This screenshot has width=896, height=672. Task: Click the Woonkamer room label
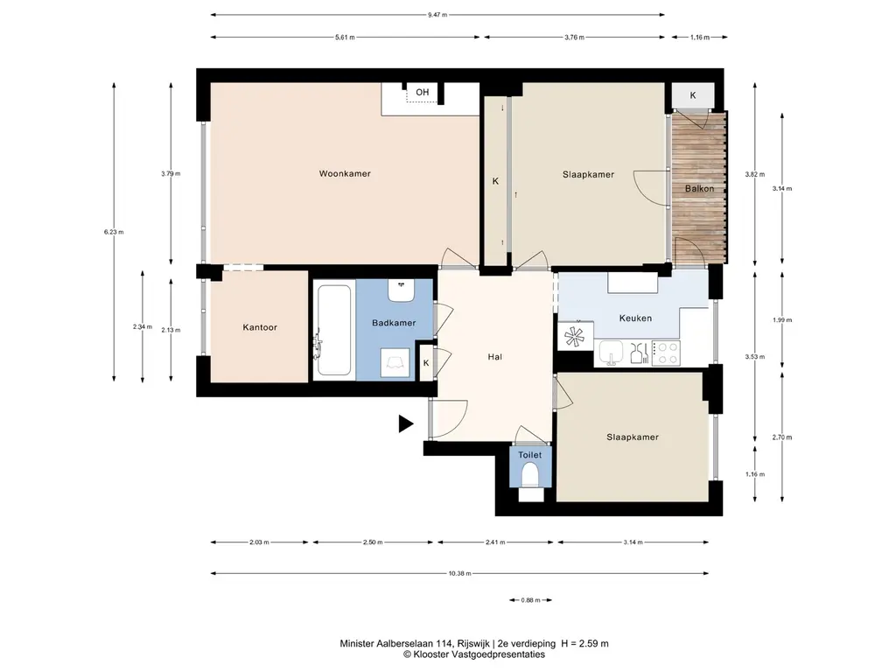coord(345,174)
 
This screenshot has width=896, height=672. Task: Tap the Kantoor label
coord(260,327)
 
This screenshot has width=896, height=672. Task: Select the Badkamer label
coord(394,323)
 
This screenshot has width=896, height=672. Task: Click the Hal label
coord(495,357)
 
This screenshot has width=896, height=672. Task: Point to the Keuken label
coord(635,318)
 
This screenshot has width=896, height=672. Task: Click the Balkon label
coord(699,189)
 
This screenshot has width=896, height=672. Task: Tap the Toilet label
coord(529,455)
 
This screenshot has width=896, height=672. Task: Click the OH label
coord(423,92)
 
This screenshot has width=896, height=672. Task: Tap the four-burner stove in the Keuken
coord(666,353)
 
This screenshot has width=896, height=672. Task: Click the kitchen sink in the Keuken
coord(611,353)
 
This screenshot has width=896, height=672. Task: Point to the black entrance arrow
coord(406,423)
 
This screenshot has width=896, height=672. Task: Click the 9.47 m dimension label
coord(437,15)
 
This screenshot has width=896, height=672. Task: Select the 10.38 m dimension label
coord(460,573)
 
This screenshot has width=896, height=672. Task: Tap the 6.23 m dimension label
coord(114,232)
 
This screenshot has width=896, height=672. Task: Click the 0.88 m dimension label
coord(531,600)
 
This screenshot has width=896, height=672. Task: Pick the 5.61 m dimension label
coord(345,37)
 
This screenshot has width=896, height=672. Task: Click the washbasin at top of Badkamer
coord(401,290)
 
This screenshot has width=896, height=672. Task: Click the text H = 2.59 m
coord(585,643)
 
